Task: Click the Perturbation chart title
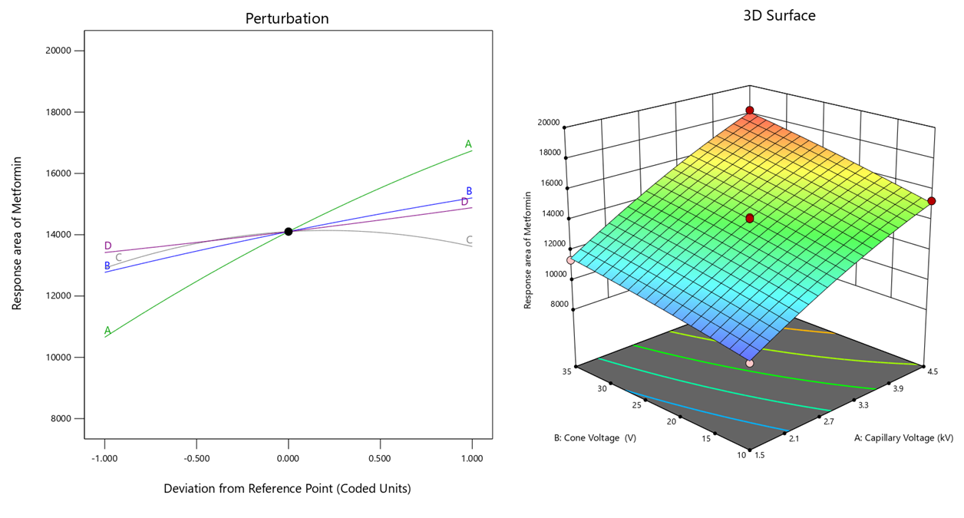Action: click(x=287, y=18)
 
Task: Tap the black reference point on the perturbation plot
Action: click(x=289, y=231)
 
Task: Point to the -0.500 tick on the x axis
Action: click(x=196, y=458)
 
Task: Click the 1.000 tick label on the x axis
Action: click(x=471, y=458)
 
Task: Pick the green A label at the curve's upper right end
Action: click(x=468, y=144)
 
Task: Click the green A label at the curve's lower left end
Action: click(x=107, y=331)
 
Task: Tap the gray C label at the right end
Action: click(x=469, y=240)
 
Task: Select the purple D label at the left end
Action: click(x=108, y=246)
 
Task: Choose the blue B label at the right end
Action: click(x=469, y=191)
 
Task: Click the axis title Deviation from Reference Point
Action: click(x=287, y=488)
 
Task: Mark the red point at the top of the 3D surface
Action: click(x=750, y=111)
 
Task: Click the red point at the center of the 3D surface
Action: click(x=750, y=219)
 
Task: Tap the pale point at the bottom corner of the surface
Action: click(x=750, y=363)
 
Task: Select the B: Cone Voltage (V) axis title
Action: click(x=594, y=438)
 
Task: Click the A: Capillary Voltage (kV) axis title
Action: click(x=903, y=438)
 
